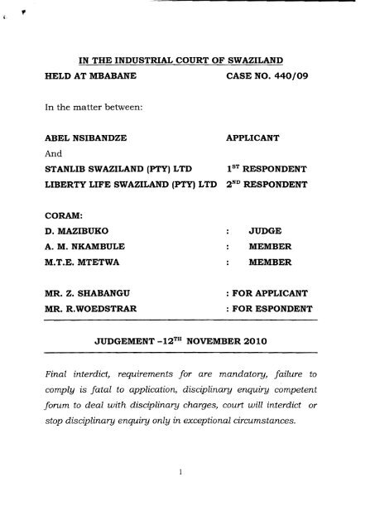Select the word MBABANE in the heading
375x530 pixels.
[x=137, y=75]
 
